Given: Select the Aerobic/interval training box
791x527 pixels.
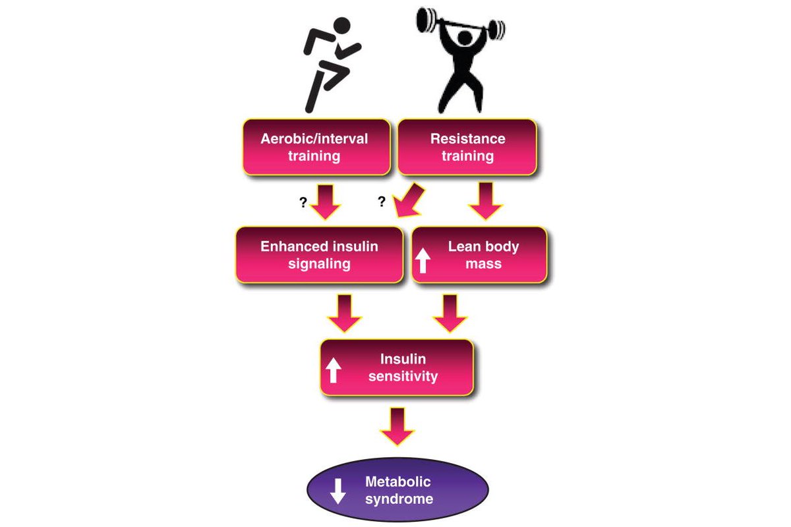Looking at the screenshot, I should pos(314,147).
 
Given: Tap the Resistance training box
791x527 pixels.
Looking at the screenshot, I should pos(467,147).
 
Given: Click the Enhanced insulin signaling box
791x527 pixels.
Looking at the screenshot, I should pos(319,255).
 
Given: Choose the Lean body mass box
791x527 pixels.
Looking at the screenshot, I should pos(479,255).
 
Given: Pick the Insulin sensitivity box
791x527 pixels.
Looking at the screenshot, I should pos(397,368).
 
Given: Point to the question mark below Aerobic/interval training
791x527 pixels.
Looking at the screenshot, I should pos(303,203).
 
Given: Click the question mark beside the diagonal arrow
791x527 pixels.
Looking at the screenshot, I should pos(381,202).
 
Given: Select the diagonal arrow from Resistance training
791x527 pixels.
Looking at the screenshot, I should pos(410,200).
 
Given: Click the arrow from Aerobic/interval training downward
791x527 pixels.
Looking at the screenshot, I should pos(324,202).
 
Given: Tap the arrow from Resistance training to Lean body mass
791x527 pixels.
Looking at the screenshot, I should pos(486,202).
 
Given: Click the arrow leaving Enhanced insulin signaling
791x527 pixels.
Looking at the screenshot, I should pos(345,314).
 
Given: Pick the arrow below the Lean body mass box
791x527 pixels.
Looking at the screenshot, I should pos(450,314).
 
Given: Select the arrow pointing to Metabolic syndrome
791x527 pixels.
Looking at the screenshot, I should pos(397,426).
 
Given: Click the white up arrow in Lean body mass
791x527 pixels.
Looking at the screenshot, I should pos(423,261).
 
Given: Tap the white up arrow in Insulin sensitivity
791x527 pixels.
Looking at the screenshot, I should pos(334,370).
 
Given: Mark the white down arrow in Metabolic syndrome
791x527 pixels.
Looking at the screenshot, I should pos(338,491).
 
